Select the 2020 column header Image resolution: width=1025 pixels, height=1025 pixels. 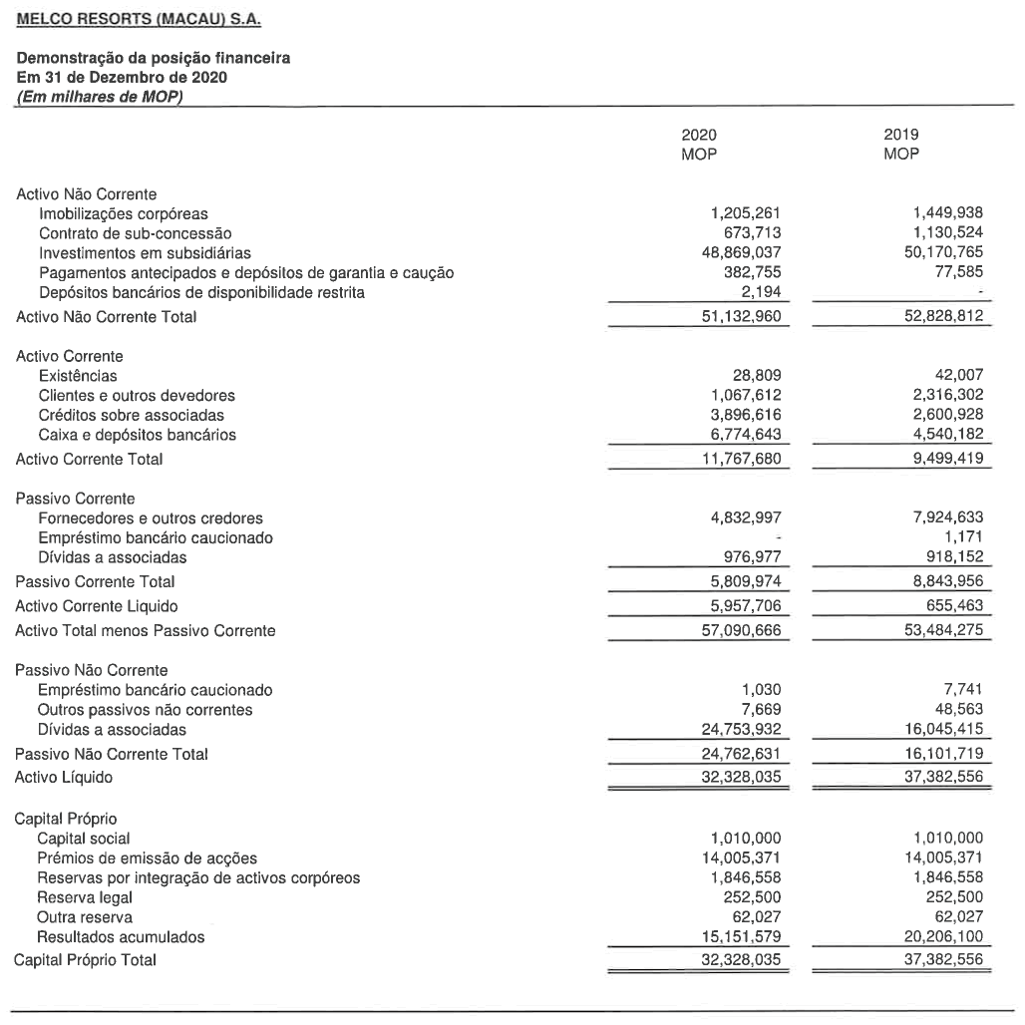click(698, 135)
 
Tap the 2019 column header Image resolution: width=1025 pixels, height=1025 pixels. click(901, 135)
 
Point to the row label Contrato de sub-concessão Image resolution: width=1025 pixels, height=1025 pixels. click(135, 233)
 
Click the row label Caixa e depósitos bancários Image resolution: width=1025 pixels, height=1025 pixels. click(138, 435)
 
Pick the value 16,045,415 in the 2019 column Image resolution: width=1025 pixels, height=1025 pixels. click(939, 729)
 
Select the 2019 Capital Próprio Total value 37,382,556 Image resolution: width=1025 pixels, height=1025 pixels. click(939, 960)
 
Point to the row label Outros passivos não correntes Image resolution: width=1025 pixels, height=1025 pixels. click(145, 710)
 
